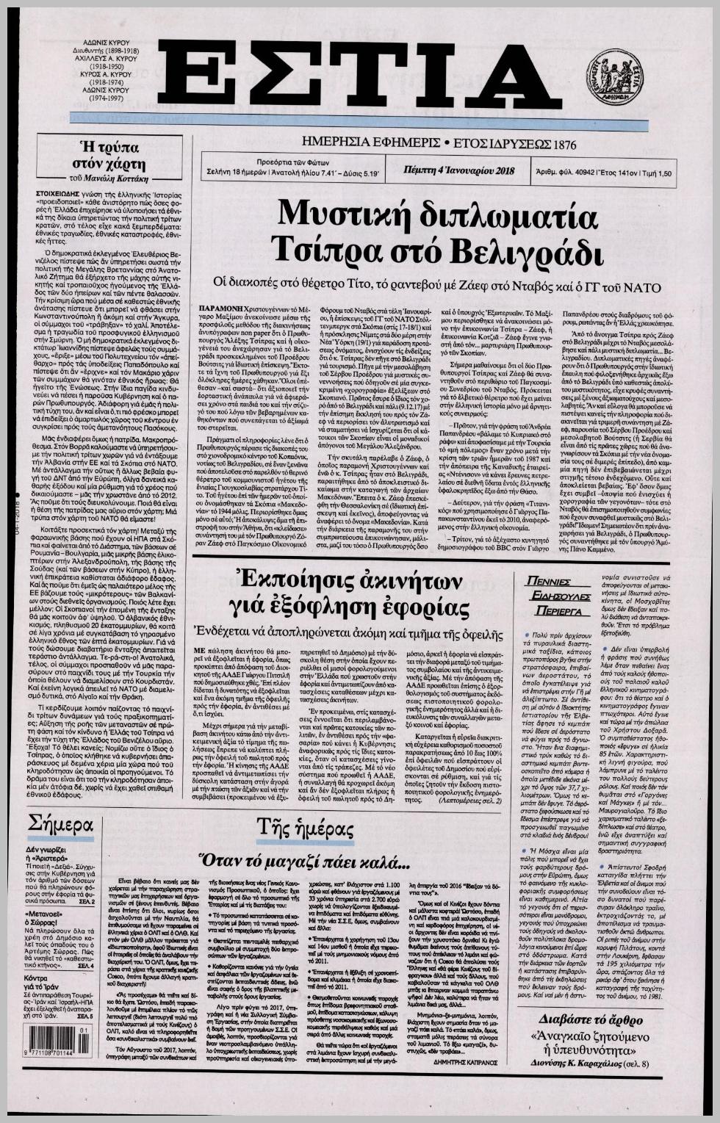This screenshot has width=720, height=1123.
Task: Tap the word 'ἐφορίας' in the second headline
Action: (427, 608)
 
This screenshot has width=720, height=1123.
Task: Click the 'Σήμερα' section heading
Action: (60, 824)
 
